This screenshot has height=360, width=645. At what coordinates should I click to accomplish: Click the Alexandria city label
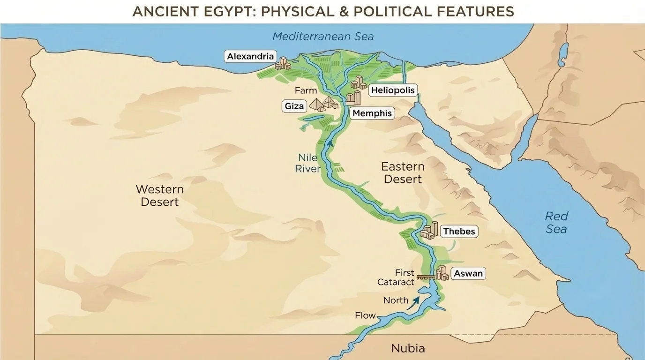click(250, 57)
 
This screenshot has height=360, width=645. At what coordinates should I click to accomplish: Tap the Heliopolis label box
click(393, 90)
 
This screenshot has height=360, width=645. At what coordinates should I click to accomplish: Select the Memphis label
click(372, 113)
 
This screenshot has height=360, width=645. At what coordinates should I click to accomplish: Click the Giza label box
click(294, 106)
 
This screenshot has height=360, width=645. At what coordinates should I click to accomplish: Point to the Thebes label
click(459, 232)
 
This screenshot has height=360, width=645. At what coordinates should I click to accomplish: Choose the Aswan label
click(468, 274)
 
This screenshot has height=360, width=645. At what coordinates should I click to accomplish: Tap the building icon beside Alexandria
click(283, 64)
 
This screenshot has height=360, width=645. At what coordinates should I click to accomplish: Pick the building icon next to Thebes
click(429, 230)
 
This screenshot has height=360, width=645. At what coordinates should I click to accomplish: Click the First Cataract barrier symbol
click(426, 277)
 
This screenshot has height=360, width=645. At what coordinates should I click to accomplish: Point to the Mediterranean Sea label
click(323, 37)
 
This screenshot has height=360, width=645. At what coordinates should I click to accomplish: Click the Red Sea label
click(556, 223)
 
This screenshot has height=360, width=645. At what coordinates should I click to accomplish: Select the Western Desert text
click(159, 195)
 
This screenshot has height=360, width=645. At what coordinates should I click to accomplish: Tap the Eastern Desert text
click(402, 172)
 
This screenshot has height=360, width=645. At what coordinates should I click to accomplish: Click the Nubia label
click(408, 348)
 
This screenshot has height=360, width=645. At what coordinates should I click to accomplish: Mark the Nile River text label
click(307, 163)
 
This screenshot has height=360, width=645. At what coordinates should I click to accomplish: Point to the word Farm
click(306, 90)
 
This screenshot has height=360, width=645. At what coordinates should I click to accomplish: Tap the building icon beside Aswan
click(442, 273)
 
